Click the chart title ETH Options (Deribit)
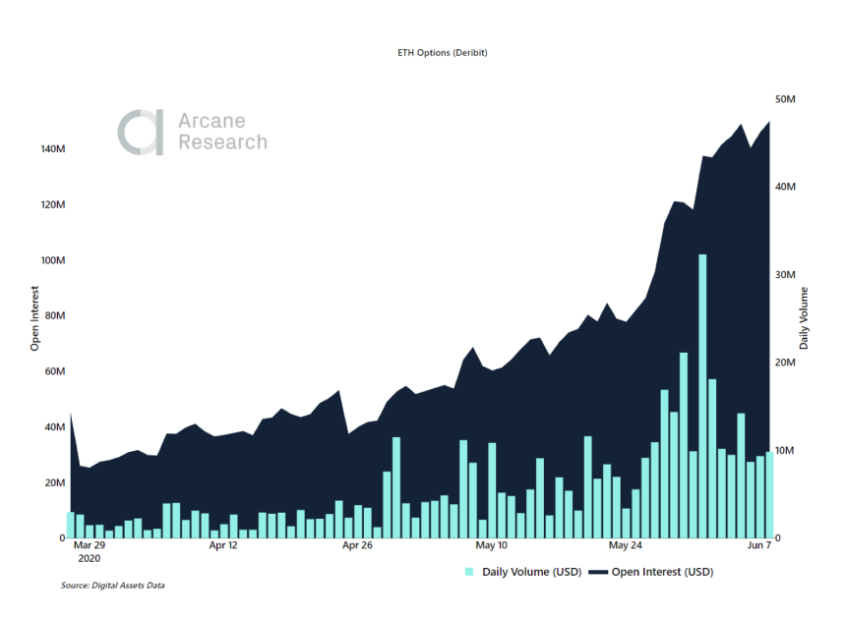click(435, 52)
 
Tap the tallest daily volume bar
click(702, 393)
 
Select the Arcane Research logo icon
click(141, 133)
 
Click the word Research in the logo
click(222, 142)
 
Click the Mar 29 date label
click(89, 544)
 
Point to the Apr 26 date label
click(356, 544)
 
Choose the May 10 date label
click(491, 544)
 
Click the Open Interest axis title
click(34, 318)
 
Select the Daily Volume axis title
click(804, 318)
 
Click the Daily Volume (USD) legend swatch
click(469, 571)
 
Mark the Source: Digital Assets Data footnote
click(112, 586)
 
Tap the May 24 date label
click(626, 544)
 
